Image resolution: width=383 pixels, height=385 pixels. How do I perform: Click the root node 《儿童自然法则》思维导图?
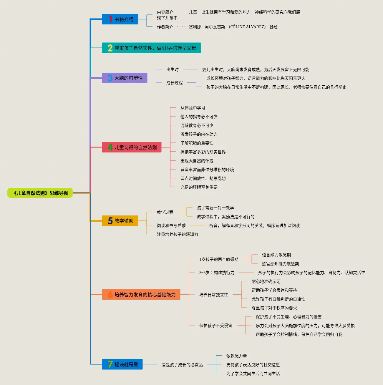point(40,193)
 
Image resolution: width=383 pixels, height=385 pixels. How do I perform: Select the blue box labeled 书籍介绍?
point(120,19)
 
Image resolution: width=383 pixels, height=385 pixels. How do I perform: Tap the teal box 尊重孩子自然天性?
point(151,48)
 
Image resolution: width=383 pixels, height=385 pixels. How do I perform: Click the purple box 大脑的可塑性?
point(125,78)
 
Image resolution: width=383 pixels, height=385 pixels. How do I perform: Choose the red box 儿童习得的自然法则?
point(132,147)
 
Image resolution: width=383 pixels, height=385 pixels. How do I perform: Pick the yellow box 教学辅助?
point(120,221)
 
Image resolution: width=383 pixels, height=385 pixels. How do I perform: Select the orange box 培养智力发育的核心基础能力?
point(141,295)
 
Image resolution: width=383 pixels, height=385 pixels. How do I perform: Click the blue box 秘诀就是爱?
point(122,364)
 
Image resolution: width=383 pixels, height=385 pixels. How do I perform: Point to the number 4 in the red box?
point(110,147)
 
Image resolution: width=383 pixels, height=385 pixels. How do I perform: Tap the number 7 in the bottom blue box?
point(110,364)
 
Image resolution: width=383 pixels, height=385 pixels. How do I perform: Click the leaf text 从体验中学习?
point(193,108)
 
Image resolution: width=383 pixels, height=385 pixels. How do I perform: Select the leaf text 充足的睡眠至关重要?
point(199,187)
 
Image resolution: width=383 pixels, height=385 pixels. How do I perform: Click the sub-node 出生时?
point(173,70)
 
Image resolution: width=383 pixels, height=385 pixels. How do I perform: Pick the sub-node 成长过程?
point(175,83)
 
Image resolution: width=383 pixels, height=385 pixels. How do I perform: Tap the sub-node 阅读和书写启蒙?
point(171,226)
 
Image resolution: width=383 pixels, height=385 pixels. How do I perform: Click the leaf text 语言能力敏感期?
point(276,255)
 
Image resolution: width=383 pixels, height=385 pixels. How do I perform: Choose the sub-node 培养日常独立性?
point(214,295)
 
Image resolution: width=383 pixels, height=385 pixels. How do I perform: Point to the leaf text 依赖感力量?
point(237,356)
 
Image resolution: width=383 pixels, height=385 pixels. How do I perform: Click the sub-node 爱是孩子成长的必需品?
point(182,365)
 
